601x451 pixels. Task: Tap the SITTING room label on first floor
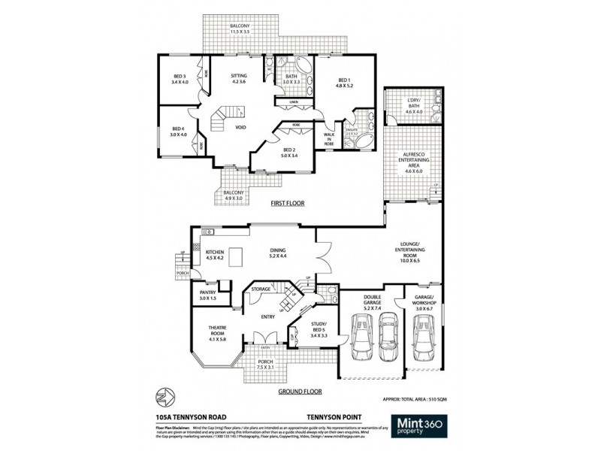click(238, 79)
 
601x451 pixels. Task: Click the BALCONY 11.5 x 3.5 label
click(240, 29)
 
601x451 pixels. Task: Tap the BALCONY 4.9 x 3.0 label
click(234, 196)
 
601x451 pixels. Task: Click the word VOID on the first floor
click(241, 127)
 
